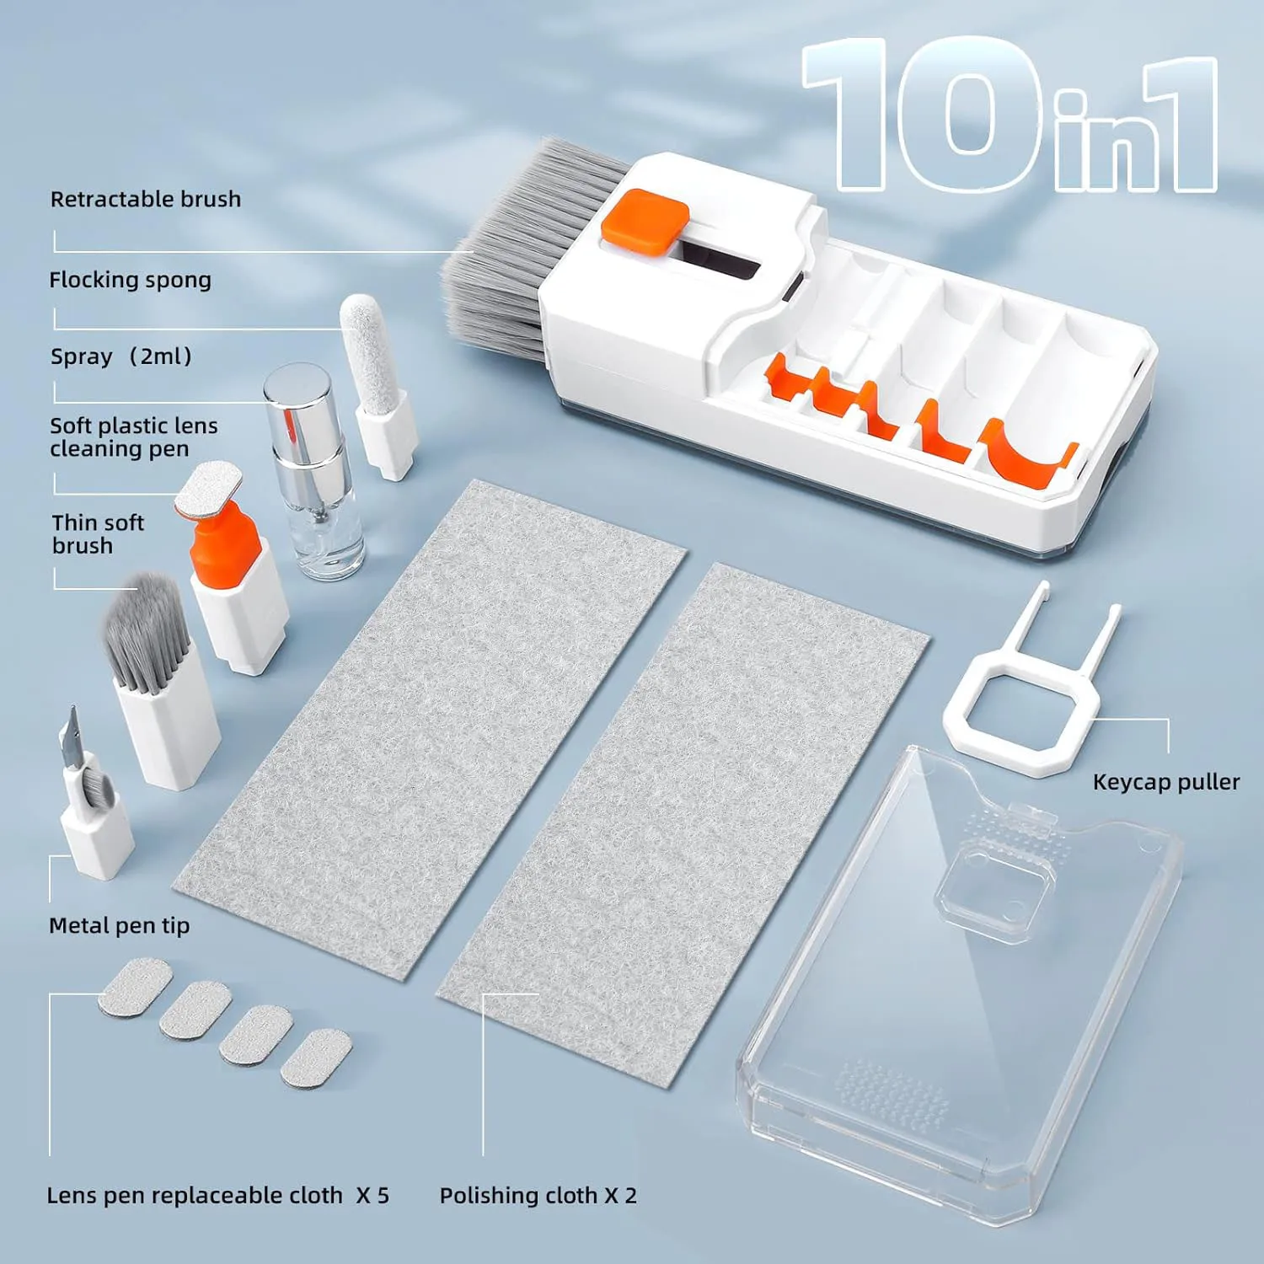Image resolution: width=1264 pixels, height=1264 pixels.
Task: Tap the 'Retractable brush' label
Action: tap(146, 200)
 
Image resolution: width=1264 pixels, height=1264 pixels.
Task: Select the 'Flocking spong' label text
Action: tap(130, 280)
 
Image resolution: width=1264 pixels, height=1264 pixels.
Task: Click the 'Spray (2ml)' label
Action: tap(121, 356)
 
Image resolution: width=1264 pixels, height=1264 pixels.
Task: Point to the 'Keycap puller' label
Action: tap(1165, 782)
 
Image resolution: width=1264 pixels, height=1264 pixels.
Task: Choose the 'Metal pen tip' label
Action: tap(119, 925)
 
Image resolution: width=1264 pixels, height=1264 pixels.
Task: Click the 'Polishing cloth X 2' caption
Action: tap(538, 1195)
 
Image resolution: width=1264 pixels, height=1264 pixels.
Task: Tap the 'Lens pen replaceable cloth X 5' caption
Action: tap(217, 1195)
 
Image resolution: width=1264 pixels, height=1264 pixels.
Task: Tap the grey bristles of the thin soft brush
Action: tap(145, 628)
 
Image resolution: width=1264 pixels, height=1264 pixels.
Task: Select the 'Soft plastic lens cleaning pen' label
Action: tap(133, 437)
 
